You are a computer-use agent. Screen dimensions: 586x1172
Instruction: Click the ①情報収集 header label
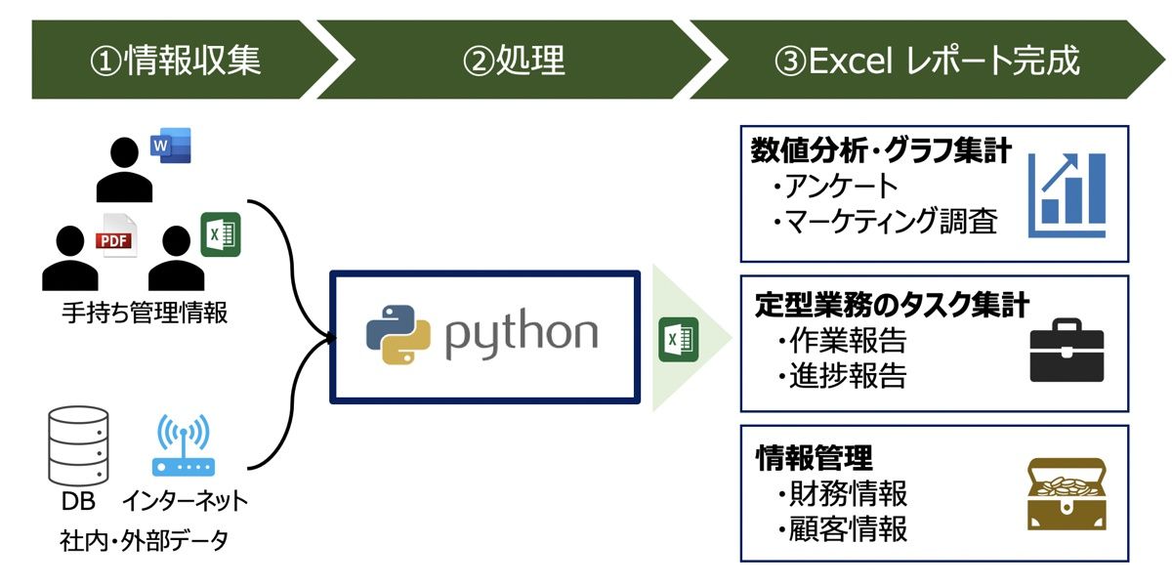pos(176,61)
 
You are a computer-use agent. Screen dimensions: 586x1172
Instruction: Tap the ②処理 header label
pos(515,61)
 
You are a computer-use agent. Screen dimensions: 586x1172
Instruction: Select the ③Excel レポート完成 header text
pos(927,61)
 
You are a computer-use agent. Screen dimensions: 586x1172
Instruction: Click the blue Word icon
pos(171,146)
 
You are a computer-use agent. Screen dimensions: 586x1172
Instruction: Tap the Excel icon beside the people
pos(221,234)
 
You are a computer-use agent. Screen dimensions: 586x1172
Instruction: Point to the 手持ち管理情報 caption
pos(144,313)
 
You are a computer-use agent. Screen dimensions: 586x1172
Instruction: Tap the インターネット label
pos(185,502)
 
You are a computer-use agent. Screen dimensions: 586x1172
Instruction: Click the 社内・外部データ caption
pos(144,540)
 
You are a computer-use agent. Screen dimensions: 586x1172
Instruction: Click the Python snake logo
pos(398,334)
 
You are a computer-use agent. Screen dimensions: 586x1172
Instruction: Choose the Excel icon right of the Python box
pos(678,339)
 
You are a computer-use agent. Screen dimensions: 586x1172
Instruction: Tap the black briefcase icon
pos(1067,352)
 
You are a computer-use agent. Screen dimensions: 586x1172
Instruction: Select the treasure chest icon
pos(1067,494)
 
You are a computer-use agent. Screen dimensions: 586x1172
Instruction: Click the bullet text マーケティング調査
pos(891,222)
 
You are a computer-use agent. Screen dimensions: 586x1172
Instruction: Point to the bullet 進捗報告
pos(847,376)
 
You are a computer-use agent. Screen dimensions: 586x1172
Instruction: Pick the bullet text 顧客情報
pos(847,528)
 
